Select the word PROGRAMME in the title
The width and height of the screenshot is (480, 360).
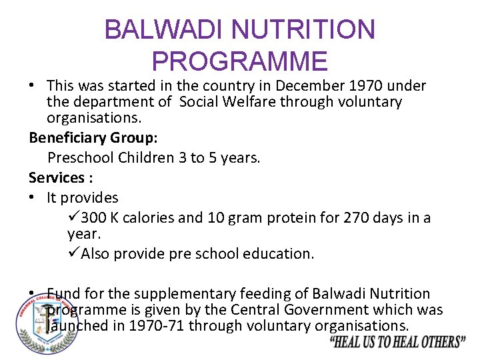[x=240, y=61]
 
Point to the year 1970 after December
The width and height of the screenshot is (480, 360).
[x=362, y=86]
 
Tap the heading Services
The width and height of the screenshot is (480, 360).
[x=56, y=178]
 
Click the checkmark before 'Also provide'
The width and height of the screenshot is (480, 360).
[x=73, y=254]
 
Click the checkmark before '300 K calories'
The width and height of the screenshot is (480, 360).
[x=73, y=218]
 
